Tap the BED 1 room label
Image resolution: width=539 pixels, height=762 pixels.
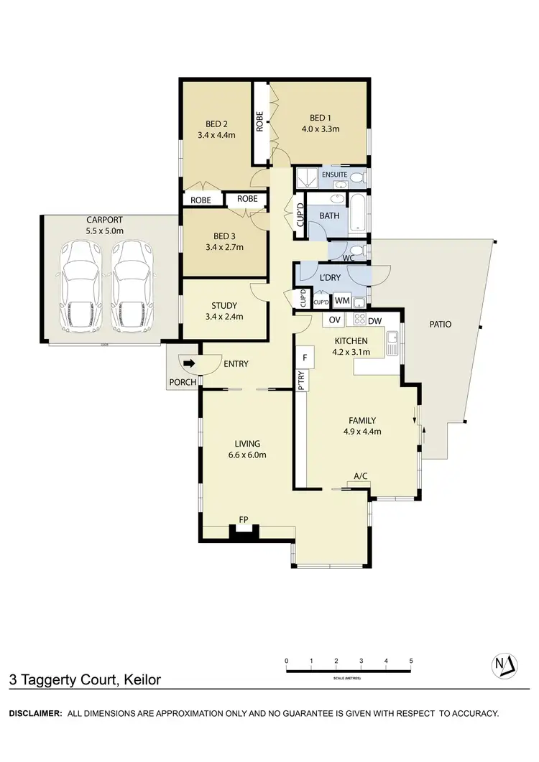coord(321,118)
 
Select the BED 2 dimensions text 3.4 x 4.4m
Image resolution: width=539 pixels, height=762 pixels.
coord(216,134)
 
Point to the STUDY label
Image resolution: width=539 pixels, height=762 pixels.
coord(224,305)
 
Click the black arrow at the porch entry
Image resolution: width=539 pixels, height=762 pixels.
coord(190,364)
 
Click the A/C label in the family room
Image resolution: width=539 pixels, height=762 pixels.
coord(361,475)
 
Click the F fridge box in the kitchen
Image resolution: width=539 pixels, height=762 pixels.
coord(305,357)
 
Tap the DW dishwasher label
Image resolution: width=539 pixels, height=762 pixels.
coord(374,320)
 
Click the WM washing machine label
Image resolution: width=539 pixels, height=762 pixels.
coord(341,301)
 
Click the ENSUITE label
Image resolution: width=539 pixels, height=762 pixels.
coord(334,175)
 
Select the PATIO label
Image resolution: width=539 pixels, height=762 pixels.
coord(440,324)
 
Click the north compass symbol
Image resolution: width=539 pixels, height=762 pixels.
coord(507,666)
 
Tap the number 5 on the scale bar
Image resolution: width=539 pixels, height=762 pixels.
coord(411,660)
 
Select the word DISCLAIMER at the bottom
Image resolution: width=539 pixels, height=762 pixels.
coord(34,713)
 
